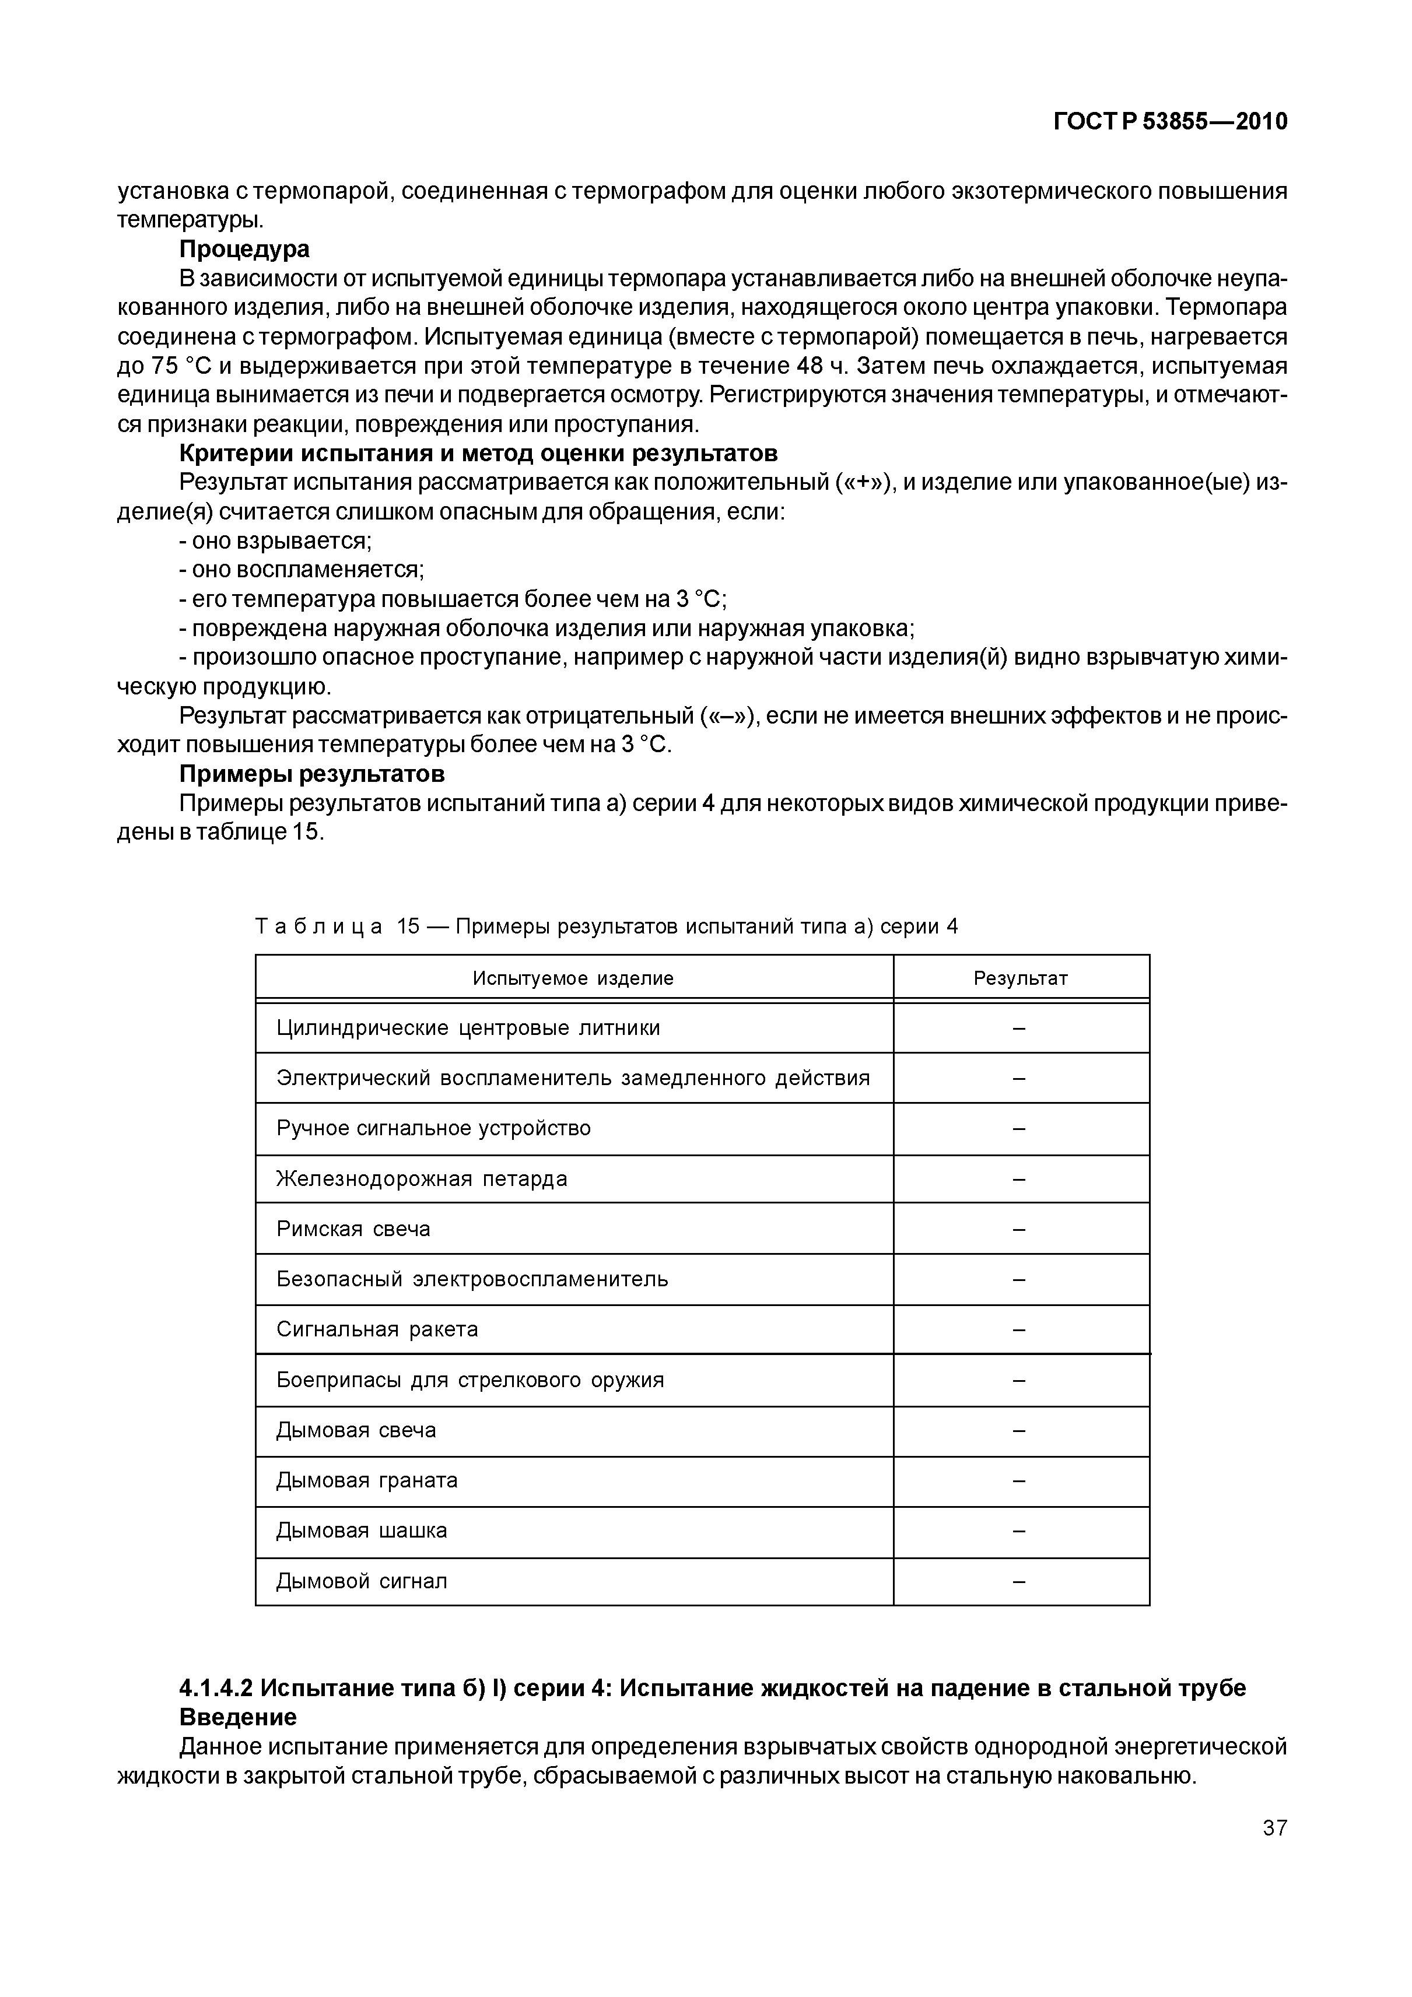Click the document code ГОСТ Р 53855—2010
(1169, 122)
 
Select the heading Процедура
(244, 250)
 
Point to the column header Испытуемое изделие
(573, 978)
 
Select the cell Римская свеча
(353, 1229)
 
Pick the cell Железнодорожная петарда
(422, 1180)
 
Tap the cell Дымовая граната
(367, 1480)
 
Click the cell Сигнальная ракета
(377, 1329)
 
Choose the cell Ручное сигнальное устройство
(433, 1128)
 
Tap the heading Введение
(237, 1718)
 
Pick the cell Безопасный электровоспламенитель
(472, 1279)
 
